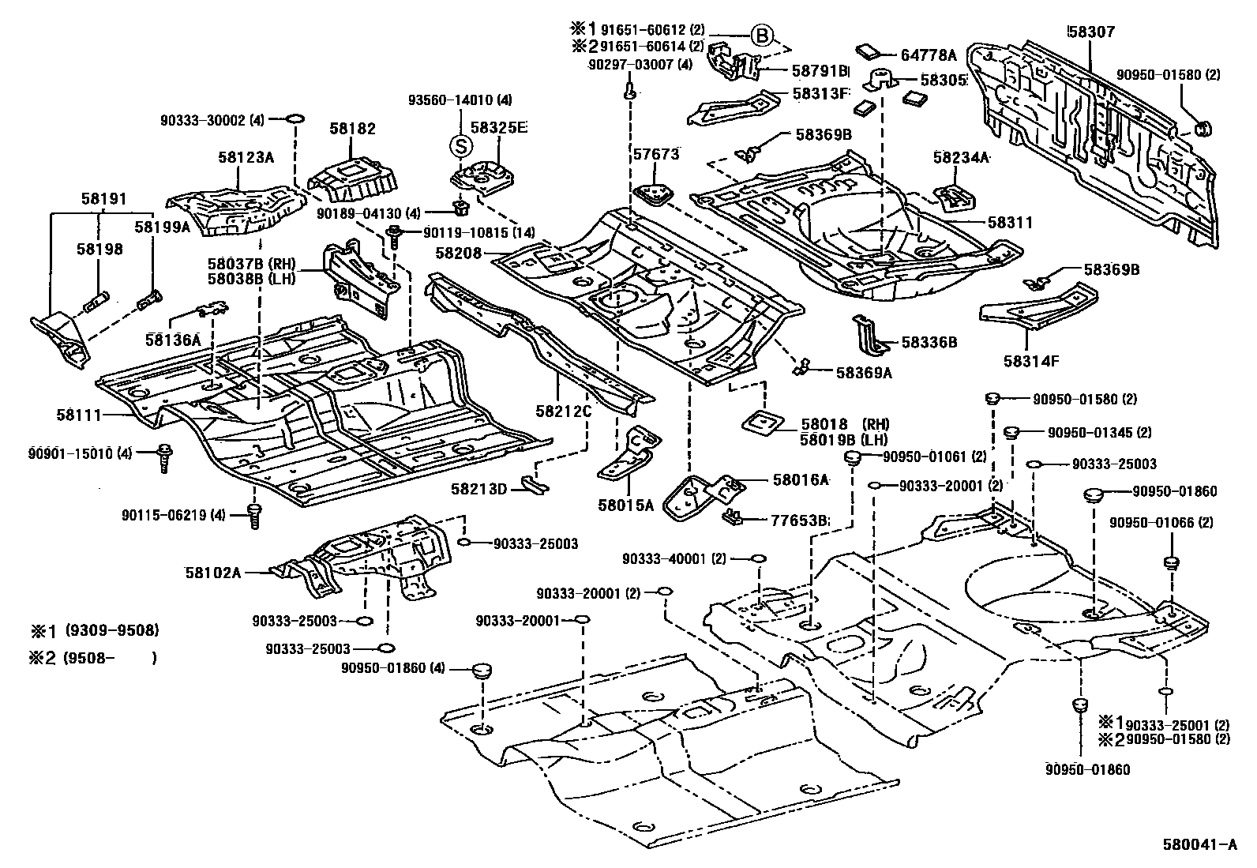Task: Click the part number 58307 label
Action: point(1091,32)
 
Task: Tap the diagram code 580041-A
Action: point(1199,845)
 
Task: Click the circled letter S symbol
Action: point(460,145)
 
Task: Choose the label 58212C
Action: point(562,411)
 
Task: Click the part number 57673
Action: point(655,155)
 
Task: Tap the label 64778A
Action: point(929,55)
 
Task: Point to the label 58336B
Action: point(929,342)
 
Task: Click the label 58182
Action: point(352,129)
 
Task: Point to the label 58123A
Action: point(246,157)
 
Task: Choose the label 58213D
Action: point(478,490)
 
